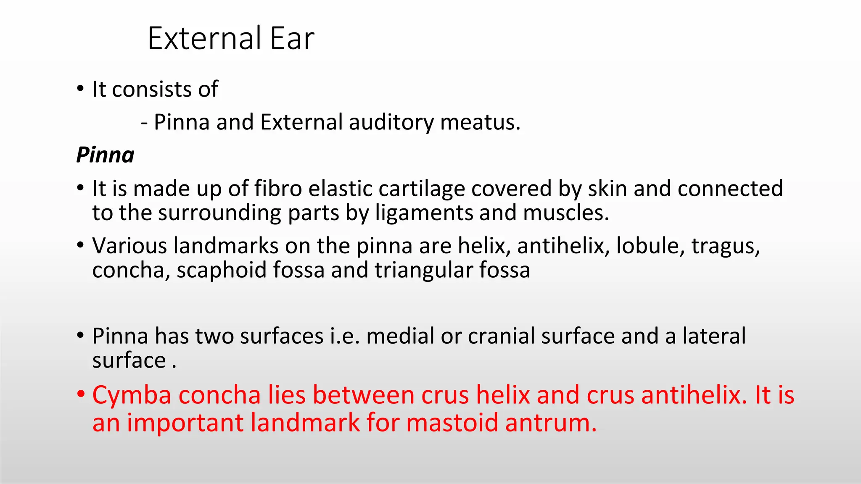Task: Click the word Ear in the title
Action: (292, 39)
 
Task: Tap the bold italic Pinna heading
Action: (106, 155)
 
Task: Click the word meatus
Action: (480, 122)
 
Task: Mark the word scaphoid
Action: (222, 270)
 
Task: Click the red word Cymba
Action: (132, 396)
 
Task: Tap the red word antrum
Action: (551, 423)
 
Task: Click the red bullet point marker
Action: (81, 395)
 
